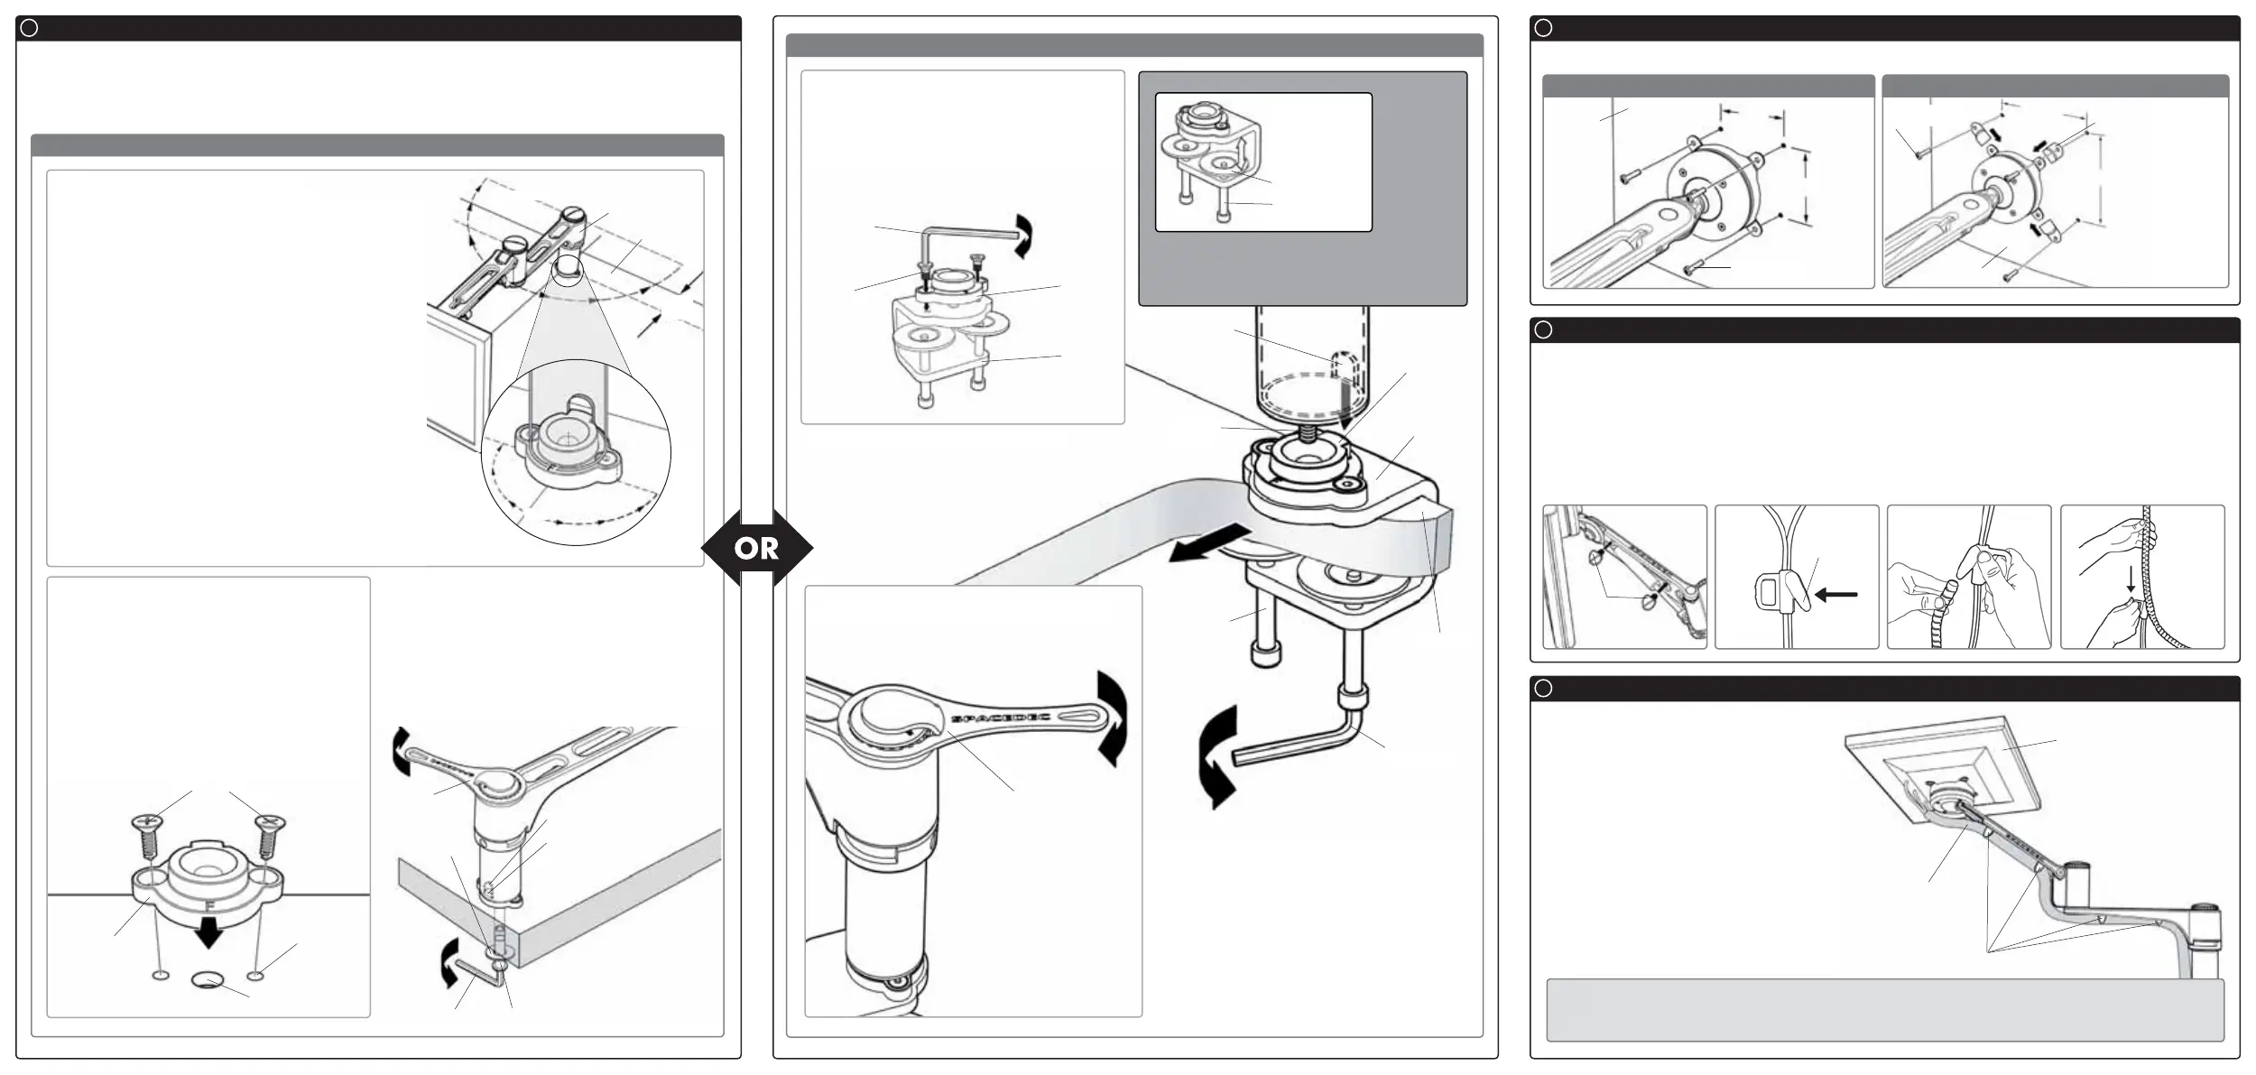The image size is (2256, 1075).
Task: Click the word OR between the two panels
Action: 756,548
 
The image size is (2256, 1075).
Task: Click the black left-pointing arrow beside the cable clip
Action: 1835,595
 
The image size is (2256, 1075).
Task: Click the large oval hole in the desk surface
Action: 208,979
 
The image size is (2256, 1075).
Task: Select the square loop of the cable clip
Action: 1768,593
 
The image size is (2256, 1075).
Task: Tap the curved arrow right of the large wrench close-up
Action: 1112,718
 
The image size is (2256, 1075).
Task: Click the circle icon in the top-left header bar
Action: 29,28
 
